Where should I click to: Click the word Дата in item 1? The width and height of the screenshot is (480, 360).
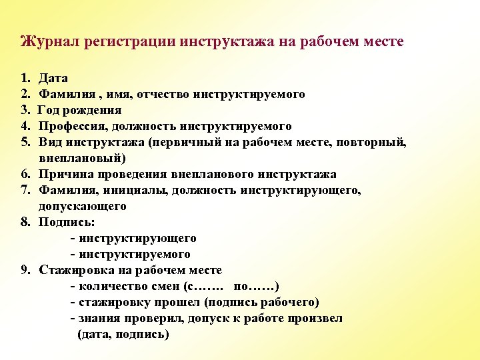pyautogui.click(x=53, y=79)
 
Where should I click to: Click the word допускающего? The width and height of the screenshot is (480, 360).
pyautogui.click(x=83, y=207)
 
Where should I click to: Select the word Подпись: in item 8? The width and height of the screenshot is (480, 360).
pyautogui.click(x=67, y=223)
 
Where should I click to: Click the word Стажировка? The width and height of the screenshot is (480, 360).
pyautogui.click(x=75, y=271)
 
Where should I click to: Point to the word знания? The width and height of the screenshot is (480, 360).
pyautogui.click(x=97, y=319)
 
